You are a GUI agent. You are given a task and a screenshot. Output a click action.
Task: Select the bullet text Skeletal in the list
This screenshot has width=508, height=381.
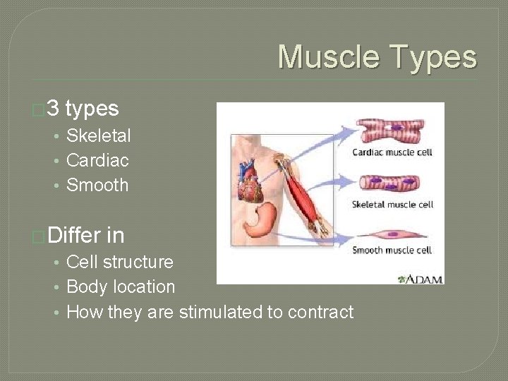[x=98, y=135]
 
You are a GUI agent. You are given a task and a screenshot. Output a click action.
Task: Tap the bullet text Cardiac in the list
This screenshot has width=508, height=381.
[x=97, y=160]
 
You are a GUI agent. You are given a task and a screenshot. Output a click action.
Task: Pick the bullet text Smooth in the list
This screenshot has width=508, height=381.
[x=97, y=186]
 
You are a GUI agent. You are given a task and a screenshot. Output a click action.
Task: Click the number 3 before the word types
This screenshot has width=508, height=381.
[x=54, y=109]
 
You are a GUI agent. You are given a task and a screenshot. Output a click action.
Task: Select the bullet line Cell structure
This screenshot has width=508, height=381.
[x=119, y=262]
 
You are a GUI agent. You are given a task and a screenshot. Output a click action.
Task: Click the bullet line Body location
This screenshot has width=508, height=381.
[x=120, y=287]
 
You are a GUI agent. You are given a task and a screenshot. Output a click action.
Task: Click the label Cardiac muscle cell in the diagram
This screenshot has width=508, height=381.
[x=392, y=152]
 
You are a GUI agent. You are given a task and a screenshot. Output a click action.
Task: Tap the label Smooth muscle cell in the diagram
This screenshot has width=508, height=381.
[x=392, y=250]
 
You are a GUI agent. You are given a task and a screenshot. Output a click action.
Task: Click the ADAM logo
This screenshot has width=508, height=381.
[x=421, y=279]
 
